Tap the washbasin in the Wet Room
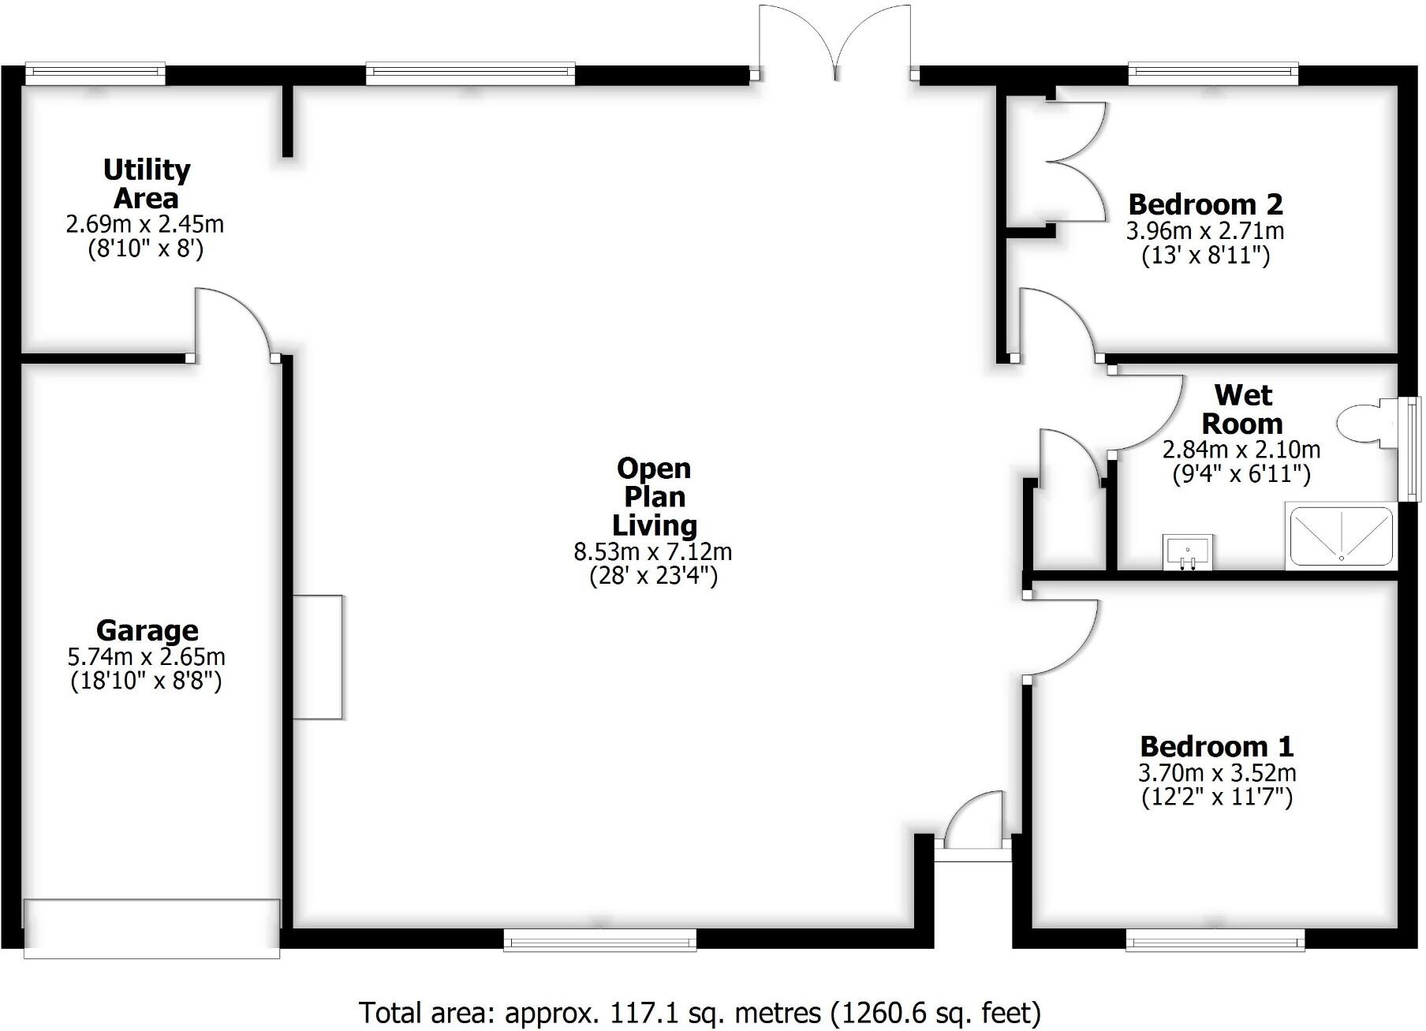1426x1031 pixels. (1187, 551)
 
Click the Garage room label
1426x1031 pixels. (147, 630)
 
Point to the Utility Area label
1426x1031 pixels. (147, 183)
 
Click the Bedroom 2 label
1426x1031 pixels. (1205, 204)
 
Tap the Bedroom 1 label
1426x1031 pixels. (1217, 746)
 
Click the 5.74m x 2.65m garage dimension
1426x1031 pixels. (147, 656)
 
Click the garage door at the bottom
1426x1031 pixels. (151, 928)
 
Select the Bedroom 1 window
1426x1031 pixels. (1215, 939)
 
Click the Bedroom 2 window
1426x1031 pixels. (1213, 74)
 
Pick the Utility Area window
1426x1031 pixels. (95, 74)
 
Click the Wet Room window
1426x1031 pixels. (1409, 449)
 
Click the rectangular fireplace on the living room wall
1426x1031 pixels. (318, 657)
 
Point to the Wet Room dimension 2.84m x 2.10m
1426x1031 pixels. (1241, 450)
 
